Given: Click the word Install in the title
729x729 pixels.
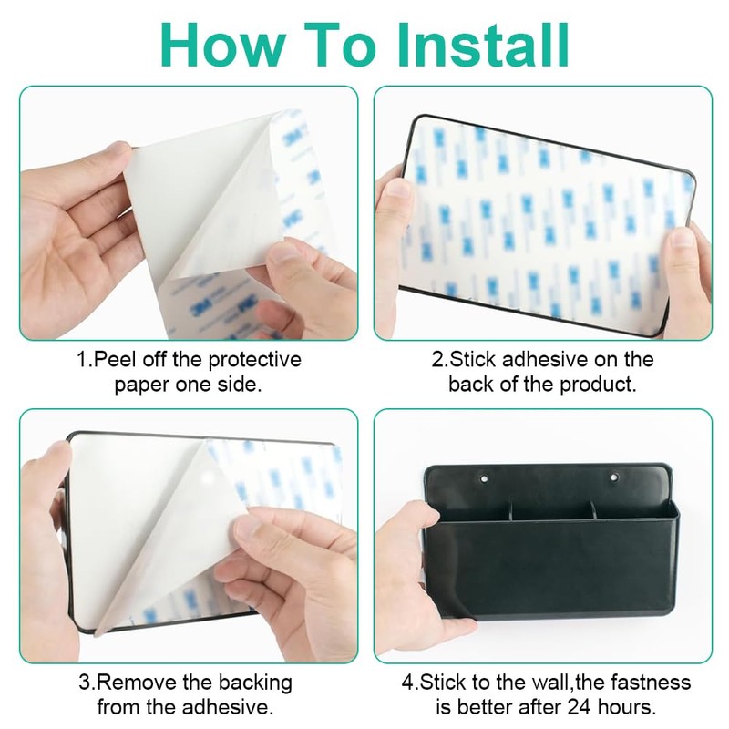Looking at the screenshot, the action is click(x=484, y=45).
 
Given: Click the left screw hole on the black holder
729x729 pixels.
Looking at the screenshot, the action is click(x=484, y=477).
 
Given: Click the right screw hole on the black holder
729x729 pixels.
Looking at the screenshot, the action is click(x=614, y=477).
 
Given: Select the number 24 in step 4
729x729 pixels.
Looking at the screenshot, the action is click(x=579, y=707).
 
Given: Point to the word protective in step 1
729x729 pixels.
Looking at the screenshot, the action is click(x=255, y=360).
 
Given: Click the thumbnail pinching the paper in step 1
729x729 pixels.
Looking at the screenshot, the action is click(x=285, y=253).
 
